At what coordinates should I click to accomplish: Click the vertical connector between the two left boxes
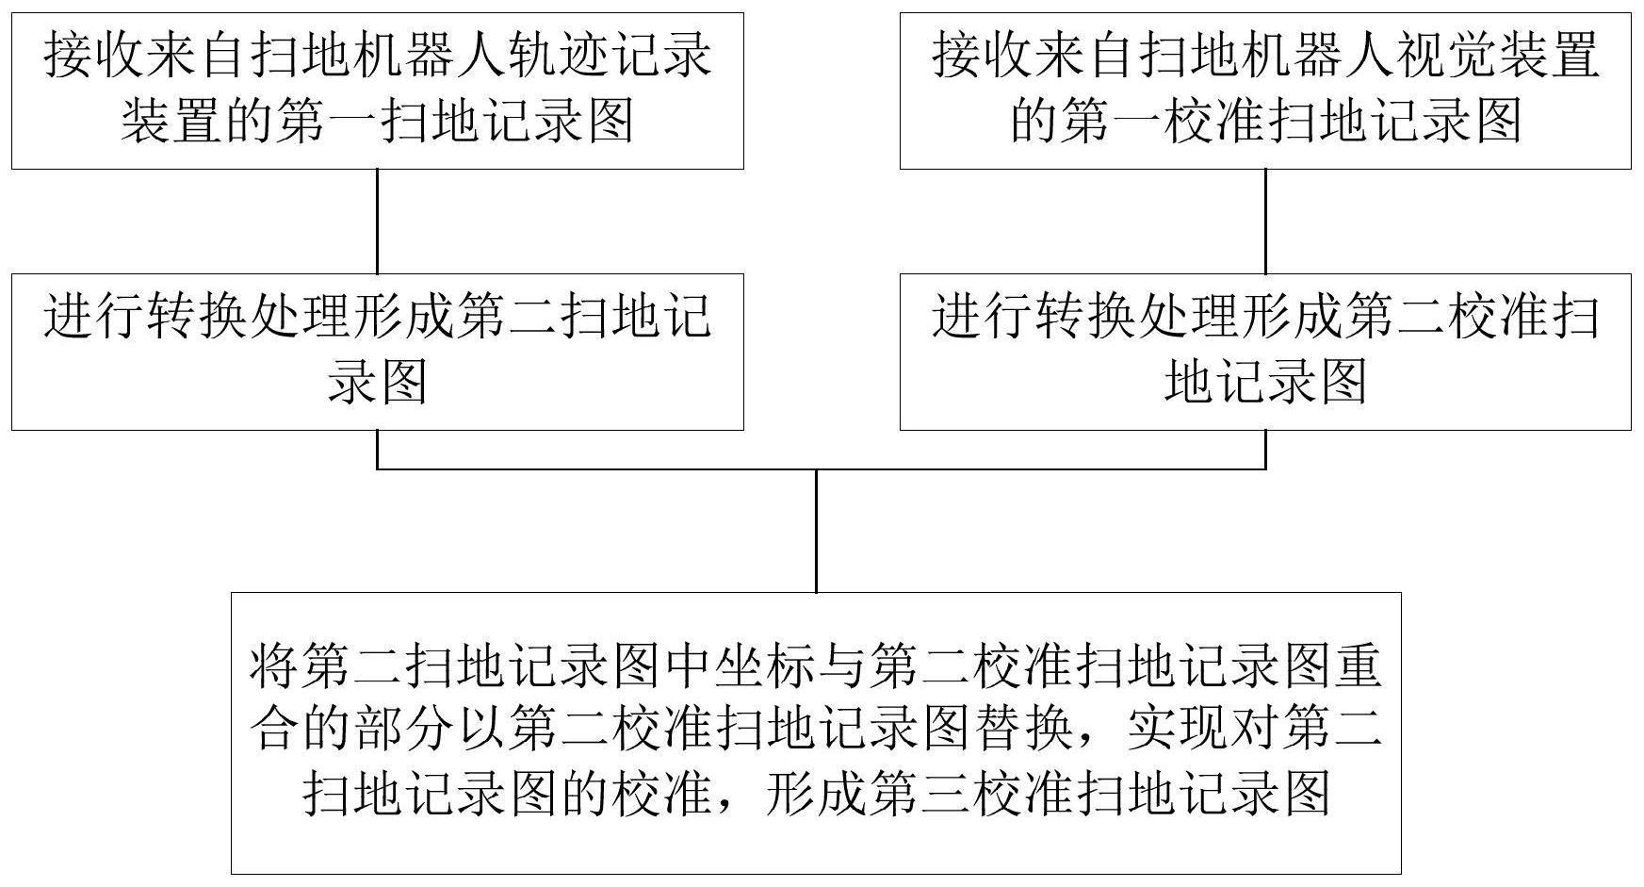coord(378,222)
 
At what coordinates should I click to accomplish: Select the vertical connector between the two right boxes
coord(1265,222)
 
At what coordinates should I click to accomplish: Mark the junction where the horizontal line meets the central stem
coord(816,468)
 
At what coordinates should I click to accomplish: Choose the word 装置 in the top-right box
coord(1550,57)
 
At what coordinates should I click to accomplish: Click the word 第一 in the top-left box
coord(326,122)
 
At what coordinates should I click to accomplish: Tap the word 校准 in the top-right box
coord(1214,122)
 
